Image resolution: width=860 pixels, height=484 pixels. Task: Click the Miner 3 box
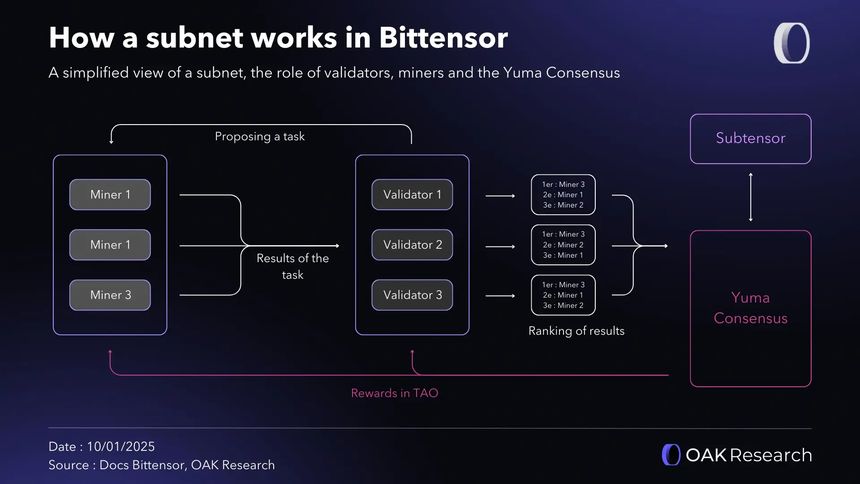point(110,295)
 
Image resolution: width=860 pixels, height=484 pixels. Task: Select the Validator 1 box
point(412,194)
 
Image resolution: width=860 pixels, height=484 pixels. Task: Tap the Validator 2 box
point(412,245)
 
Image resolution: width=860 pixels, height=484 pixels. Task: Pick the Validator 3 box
point(412,295)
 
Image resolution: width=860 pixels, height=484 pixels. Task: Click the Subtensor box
point(750,138)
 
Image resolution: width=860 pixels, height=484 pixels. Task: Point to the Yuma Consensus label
point(750,308)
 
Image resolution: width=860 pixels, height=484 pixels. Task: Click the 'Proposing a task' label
point(260,136)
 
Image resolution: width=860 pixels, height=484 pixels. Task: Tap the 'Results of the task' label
point(292,266)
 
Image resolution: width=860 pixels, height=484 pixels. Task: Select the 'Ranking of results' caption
point(576,331)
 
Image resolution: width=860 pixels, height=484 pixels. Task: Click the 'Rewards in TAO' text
point(394,393)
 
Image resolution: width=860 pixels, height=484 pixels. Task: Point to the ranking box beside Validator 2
point(563,245)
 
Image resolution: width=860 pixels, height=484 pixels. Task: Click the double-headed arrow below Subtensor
point(751,197)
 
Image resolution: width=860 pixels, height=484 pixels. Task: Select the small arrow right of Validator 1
point(500,196)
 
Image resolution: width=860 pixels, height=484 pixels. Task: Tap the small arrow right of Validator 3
point(500,296)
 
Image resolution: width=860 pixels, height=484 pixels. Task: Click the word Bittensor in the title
point(443,38)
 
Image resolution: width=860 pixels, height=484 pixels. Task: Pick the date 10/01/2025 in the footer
point(120,446)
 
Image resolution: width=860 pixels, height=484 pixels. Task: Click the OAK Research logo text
point(748,455)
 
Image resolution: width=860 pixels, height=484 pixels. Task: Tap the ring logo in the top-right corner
point(792,43)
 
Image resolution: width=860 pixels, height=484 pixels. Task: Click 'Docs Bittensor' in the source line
point(142,465)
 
